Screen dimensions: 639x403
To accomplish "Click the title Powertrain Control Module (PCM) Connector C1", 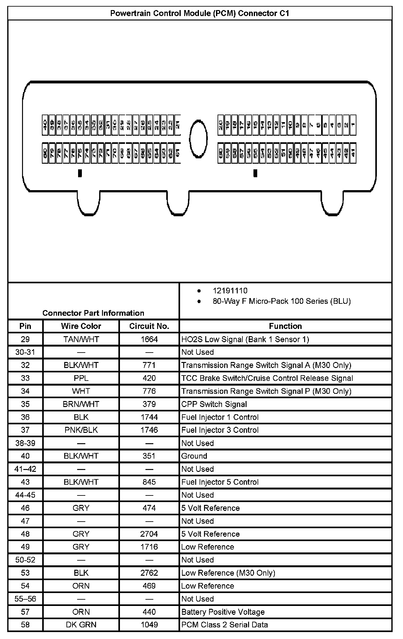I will pos(200,13).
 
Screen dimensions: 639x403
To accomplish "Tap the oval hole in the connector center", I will pos(198,139).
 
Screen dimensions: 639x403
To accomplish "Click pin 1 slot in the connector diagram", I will pos(353,125).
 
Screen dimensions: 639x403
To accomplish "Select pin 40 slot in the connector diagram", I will pos(45,125).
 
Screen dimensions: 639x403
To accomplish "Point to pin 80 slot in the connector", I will pos(45,153).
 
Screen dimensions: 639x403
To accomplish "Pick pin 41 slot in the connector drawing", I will pos(353,153).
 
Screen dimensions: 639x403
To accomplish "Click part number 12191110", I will pos(230,291).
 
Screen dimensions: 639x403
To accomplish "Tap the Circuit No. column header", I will pos(149,326).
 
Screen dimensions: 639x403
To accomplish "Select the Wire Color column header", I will pos(81,326).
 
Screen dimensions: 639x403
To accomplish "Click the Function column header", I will pos(285,326).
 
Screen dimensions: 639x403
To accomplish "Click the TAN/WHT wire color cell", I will pos(81,339).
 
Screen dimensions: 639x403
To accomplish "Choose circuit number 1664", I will pos(149,339).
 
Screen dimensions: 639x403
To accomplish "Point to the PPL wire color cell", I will pos(81,378).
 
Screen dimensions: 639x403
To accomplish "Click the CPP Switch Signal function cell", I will pos(214,404).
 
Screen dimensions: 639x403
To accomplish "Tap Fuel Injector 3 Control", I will pos(220,430).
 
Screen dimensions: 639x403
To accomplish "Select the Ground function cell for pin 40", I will pos(194,456).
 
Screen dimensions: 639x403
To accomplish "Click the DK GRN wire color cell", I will pos(81,625).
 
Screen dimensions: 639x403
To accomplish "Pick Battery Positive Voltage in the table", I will pos(223,612).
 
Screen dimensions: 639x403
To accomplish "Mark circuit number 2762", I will pos(149,573).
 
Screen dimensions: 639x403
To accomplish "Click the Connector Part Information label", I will pos(93,313).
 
